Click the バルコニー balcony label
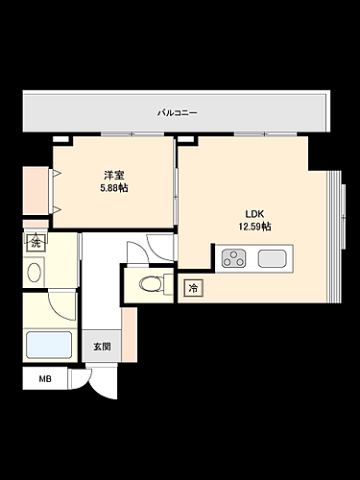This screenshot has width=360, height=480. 178,113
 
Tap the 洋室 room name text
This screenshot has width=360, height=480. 114,174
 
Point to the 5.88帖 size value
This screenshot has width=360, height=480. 114,187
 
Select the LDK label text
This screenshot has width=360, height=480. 254,213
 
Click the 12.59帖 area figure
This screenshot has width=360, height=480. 254,227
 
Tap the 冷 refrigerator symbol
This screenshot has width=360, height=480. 193,287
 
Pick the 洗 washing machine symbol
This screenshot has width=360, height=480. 36,243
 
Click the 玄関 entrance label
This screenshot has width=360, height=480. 102,347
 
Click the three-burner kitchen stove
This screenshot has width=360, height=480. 235,257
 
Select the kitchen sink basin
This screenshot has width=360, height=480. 271,257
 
